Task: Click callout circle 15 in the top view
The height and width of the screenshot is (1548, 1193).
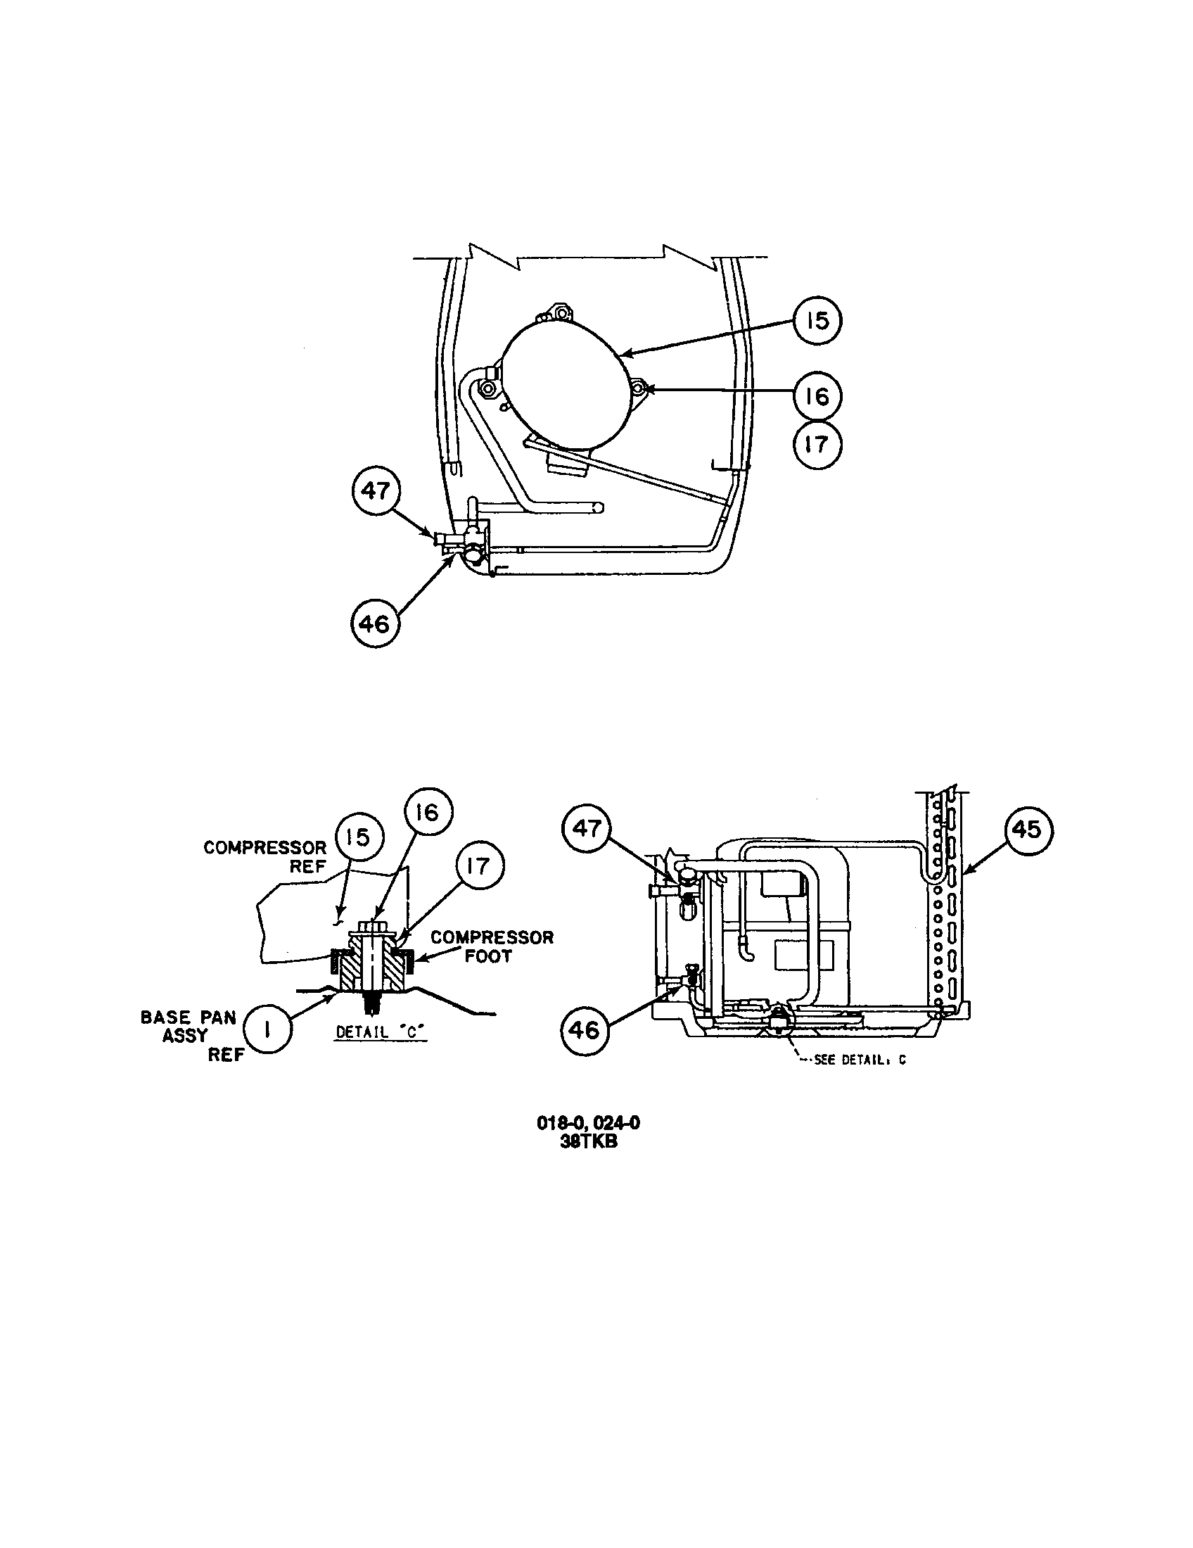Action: point(816,321)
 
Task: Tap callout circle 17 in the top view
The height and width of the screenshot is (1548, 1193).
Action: point(816,445)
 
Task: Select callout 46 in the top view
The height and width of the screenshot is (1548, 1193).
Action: point(375,624)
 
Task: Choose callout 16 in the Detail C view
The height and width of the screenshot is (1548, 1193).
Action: point(427,813)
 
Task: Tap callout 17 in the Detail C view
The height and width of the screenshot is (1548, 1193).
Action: point(479,865)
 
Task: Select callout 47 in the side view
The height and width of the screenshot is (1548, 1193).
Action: point(587,829)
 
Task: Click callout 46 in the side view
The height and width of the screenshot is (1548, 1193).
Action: point(585,1030)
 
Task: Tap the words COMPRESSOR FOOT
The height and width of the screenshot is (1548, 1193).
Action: point(492,946)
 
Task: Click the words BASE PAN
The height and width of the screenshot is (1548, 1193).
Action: point(188,1017)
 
